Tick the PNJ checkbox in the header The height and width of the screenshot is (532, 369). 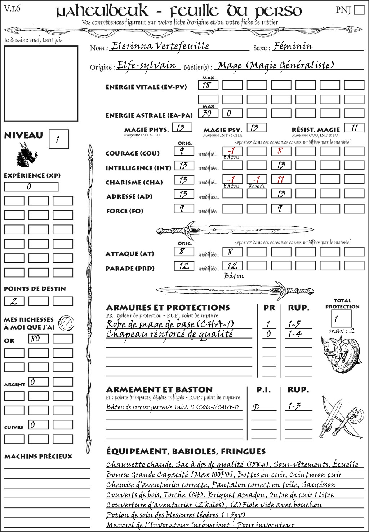359,10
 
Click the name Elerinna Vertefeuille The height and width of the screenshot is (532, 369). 160,46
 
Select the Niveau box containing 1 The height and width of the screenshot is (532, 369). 58,139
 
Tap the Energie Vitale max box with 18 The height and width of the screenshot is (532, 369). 208,85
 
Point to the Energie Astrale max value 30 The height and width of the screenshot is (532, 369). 208,113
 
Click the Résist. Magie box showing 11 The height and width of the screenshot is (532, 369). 354,128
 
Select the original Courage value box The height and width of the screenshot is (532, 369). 184,151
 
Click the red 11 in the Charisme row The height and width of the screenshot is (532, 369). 281,179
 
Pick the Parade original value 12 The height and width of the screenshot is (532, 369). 184,266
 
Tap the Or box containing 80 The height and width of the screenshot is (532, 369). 38,339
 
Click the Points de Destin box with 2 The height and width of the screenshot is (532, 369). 14,301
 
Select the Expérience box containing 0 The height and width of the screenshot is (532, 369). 31,187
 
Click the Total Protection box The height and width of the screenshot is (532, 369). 341,318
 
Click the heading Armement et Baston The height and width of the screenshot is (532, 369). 159,389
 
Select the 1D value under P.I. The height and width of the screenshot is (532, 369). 256,407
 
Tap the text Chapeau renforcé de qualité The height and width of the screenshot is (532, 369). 169,334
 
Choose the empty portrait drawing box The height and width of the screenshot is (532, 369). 41,83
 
